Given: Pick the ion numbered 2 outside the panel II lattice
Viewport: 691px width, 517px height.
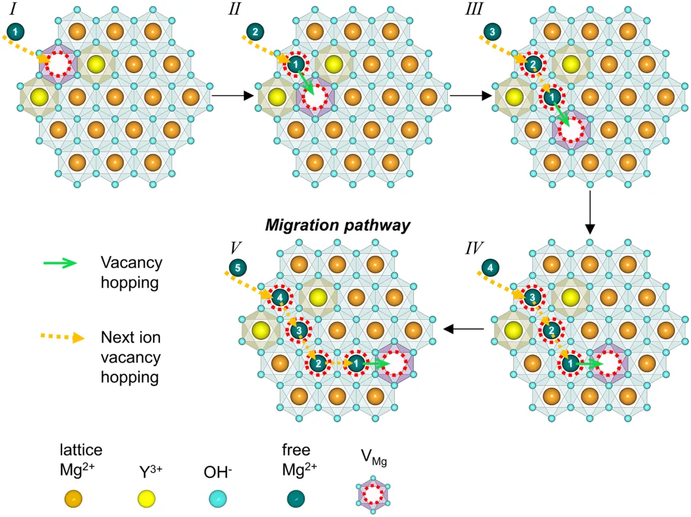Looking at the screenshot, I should tap(255, 31).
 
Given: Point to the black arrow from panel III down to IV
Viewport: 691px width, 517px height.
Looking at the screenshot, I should tap(590, 211).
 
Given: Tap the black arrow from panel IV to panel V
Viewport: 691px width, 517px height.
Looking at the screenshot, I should tap(465, 329).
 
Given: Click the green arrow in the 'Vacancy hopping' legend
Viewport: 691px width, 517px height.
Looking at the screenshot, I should tap(59, 263).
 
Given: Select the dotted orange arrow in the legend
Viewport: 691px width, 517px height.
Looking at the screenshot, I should tap(59, 336).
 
